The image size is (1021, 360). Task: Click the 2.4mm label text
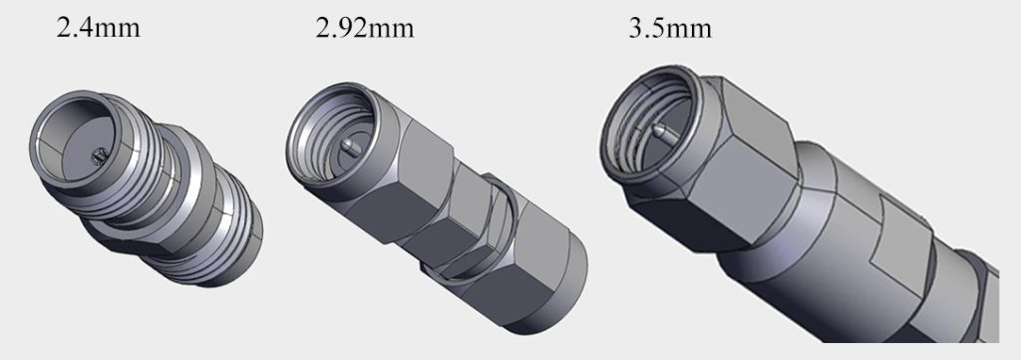point(98,26)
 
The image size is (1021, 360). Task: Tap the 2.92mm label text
point(364,27)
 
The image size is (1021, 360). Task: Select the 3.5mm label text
point(670,27)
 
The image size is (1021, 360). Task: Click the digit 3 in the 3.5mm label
point(637,27)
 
